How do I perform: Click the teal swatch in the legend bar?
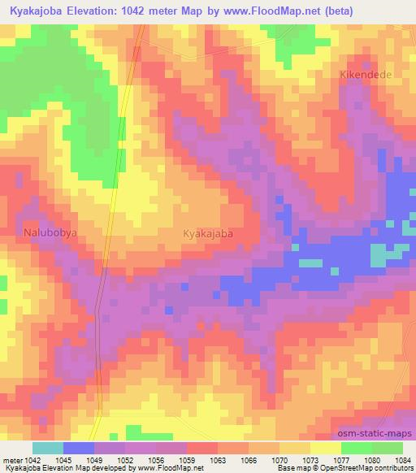48,448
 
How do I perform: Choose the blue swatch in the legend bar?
79,448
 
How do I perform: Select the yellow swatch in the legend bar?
326,448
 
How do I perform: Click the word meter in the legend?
14,459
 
